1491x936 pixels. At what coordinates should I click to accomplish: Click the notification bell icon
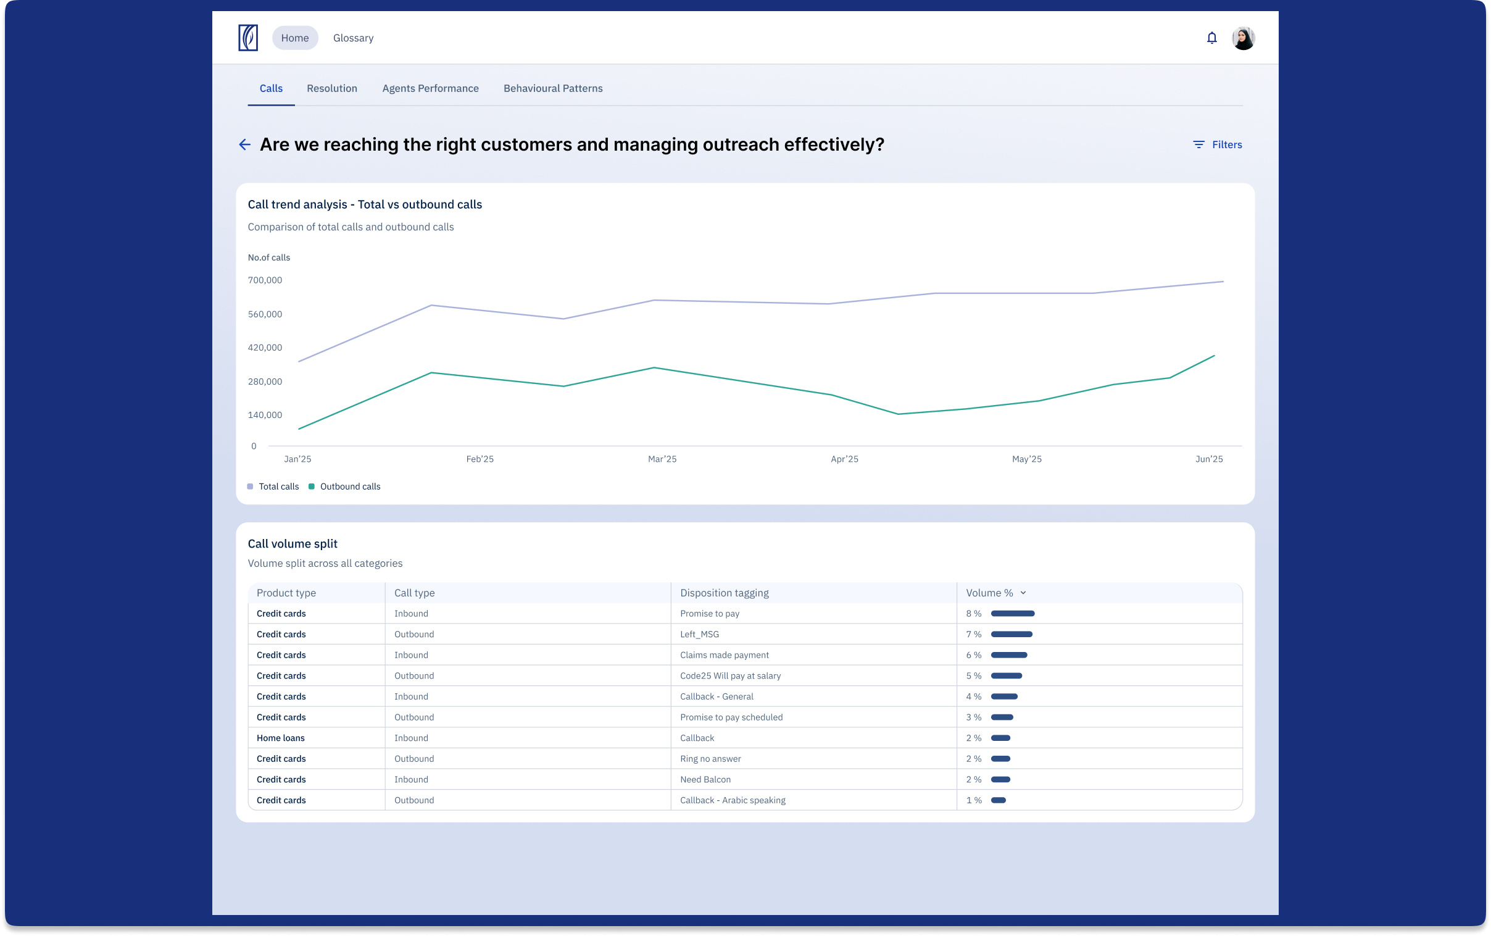coord(1211,38)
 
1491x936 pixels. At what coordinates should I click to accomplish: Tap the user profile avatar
coord(1243,38)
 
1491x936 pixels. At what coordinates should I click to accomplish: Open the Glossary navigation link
coord(353,38)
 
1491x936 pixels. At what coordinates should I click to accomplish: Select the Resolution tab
coord(331,88)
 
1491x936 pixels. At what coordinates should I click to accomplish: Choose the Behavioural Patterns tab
coord(553,88)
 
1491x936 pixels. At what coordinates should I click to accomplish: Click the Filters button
coord(1217,144)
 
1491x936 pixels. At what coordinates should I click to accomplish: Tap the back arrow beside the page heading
coord(244,144)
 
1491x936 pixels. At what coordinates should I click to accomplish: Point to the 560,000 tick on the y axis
coord(265,314)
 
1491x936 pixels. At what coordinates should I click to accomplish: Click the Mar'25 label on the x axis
coord(662,459)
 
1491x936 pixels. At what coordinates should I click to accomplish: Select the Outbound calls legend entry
coord(344,487)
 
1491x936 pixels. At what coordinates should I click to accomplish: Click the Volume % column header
coord(995,593)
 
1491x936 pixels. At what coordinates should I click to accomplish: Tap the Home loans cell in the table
coord(280,738)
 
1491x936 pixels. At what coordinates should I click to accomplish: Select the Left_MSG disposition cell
coord(699,634)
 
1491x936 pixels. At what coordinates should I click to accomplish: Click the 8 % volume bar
coord(1012,614)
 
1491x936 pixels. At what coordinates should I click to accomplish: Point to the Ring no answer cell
coord(710,758)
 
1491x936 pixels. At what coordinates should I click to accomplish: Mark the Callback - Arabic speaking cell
coord(733,800)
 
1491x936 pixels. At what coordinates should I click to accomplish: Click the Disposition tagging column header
coord(724,593)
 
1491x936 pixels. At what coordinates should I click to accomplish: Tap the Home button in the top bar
coord(294,38)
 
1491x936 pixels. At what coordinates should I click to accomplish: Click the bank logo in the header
coord(248,38)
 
